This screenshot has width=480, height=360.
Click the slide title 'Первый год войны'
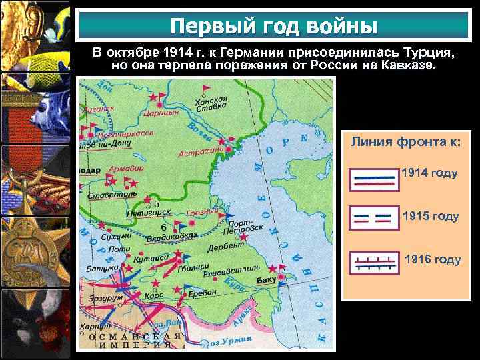tap(273, 26)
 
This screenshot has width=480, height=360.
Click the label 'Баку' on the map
tap(266, 279)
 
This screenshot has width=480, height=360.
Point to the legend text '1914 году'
tap(429, 173)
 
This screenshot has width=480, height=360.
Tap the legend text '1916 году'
tap(433, 259)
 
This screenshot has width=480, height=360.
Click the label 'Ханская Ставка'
tap(212, 104)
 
